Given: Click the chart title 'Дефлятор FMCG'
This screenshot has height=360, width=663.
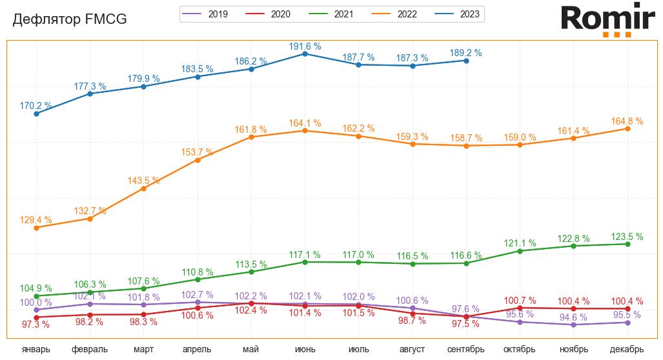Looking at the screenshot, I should coord(70,20).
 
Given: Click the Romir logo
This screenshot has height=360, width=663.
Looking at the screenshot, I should coord(607,19).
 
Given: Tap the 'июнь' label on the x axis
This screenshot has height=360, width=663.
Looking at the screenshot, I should coord(305,350).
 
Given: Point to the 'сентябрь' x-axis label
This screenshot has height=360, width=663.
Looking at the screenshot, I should coord(465,350).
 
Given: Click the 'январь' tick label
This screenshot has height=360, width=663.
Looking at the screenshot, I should coord(36,350).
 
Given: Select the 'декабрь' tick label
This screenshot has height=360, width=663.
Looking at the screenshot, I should coord(627,350).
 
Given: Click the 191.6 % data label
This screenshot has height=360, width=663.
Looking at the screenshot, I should coord(305,46).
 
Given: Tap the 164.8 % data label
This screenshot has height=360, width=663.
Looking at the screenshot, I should coord(627,121).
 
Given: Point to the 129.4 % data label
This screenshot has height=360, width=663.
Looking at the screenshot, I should coord(36,220).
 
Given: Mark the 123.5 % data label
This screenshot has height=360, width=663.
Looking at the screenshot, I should coord(627,237).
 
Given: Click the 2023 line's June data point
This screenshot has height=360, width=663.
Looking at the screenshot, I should coord(305,54).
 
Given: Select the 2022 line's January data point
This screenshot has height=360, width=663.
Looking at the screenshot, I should coord(36,228).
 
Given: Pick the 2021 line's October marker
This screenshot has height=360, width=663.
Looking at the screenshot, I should coord(520,251).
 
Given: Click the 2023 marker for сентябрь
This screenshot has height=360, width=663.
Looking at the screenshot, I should coord(465,61).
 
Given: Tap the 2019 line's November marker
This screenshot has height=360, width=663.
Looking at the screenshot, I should coord(573,325).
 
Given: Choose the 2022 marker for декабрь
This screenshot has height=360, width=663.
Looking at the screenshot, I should coord(627,129).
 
